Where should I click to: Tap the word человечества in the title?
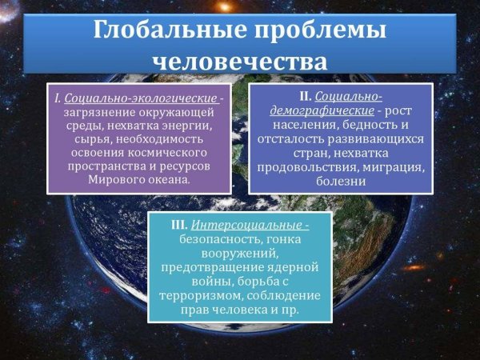click(240, 61)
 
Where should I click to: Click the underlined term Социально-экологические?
click(141, 98)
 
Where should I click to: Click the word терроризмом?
click(207, 295)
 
